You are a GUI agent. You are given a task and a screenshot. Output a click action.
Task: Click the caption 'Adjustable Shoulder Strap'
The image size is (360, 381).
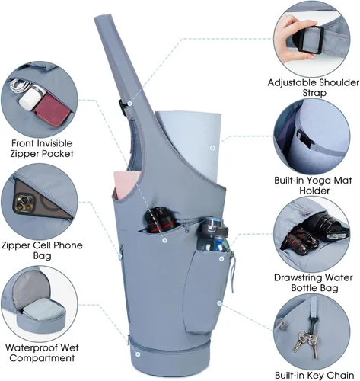(314, 88)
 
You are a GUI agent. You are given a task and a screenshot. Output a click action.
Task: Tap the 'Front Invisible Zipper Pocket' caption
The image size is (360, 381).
(42, 149)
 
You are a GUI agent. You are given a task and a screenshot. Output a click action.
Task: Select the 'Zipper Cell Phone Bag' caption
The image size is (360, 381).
(42, 250)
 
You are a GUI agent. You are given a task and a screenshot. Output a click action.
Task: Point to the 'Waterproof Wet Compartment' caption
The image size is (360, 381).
(42, 353)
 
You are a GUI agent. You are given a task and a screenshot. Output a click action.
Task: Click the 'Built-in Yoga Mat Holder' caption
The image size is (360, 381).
(314, 185)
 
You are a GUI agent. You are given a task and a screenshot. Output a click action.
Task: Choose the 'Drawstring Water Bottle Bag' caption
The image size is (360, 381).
(314, 283)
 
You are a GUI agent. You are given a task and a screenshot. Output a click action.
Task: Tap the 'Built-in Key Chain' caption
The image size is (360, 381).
(314, 375)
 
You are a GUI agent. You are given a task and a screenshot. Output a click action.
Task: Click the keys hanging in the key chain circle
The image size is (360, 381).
(306, 344)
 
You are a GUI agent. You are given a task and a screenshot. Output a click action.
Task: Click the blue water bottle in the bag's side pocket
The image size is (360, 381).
(212, 235)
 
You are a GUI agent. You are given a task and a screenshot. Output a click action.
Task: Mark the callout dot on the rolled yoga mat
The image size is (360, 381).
(213, 148)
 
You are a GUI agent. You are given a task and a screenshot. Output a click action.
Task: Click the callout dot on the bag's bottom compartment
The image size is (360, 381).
(138, 354)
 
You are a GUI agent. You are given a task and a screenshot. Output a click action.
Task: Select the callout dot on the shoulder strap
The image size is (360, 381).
(129, 104)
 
